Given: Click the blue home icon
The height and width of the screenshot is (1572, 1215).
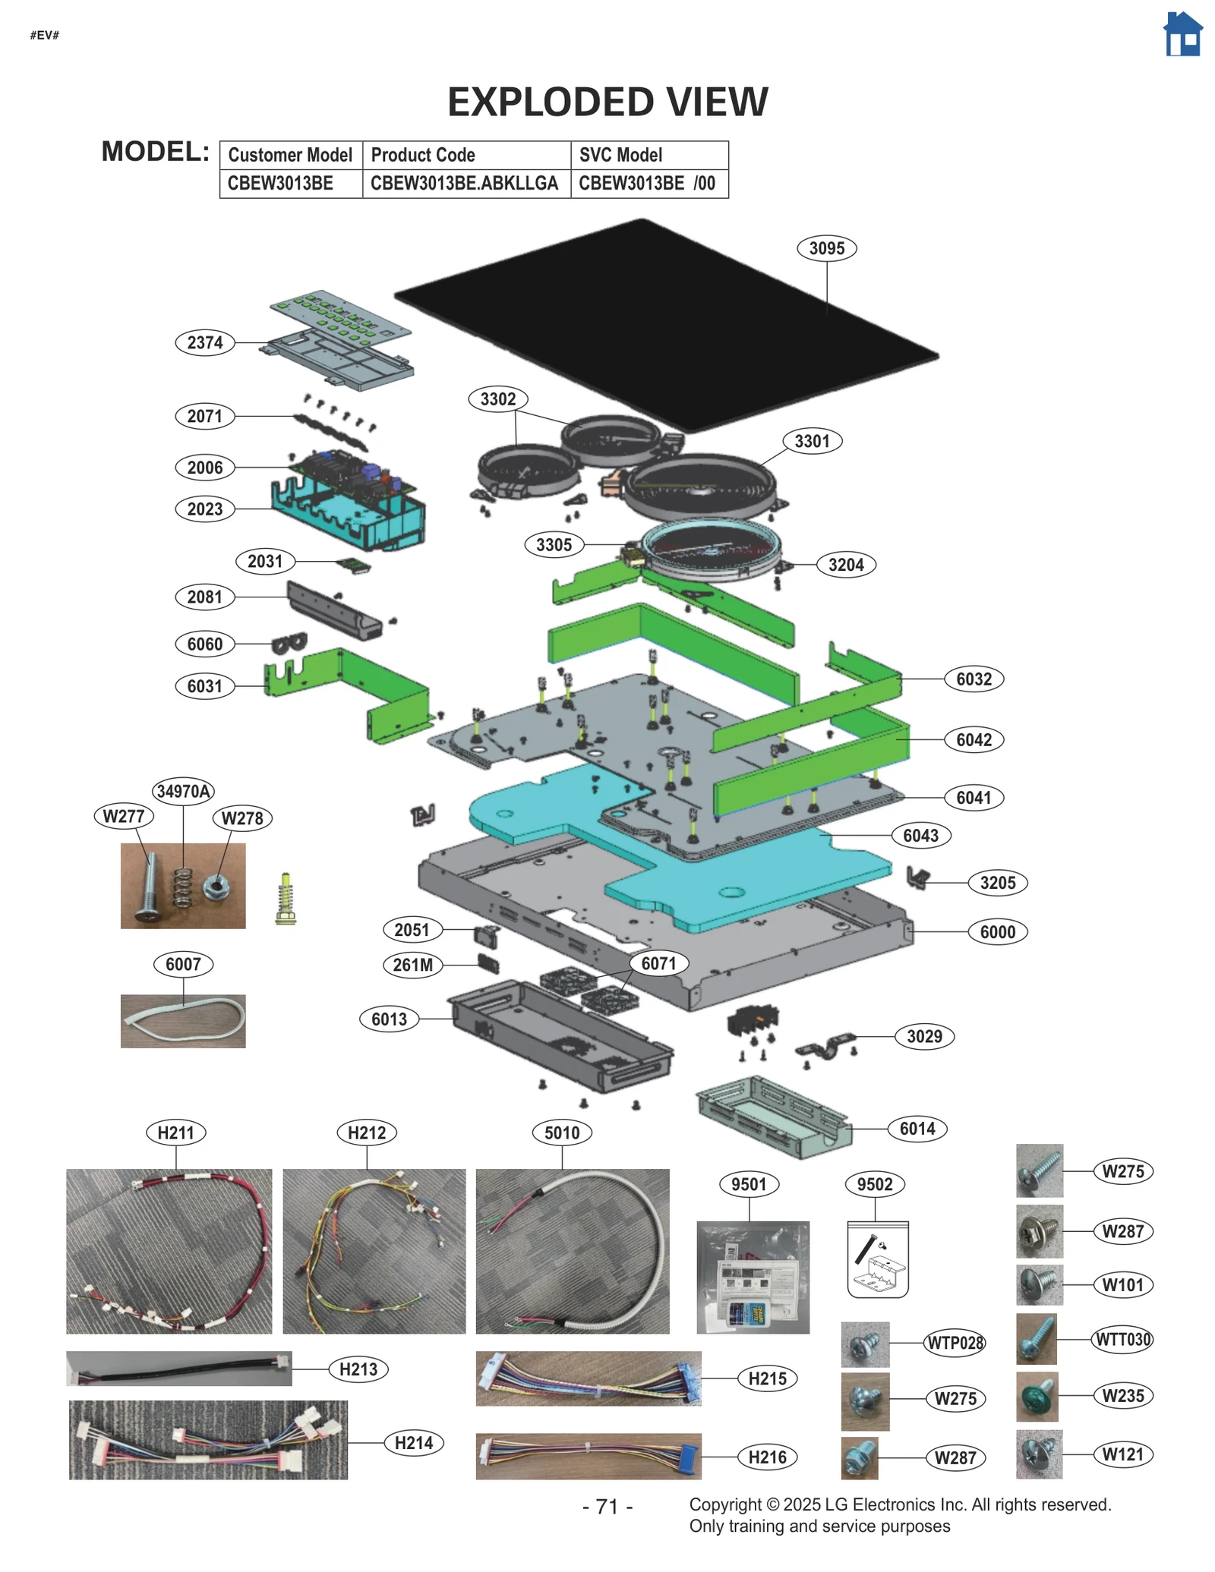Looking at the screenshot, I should pyautogui.click(x=1182, y=35).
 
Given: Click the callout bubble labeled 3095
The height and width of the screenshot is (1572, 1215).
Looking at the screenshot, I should pyautogui.click(x=826, y=248).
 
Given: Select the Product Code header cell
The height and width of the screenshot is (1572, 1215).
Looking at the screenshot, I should pyautogui.click(x=466, y=155).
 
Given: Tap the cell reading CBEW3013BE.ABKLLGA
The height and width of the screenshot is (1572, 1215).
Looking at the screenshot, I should pyautogui.click(x=466, y=184).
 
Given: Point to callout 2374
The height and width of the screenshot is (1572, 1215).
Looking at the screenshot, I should pyautogui.click(x=205, y=342).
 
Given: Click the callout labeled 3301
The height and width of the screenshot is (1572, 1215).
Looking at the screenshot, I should pyautogui.click(x=812, y=441).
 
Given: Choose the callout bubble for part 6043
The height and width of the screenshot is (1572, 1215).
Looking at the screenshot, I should pyautogui.click(x=920, y=836).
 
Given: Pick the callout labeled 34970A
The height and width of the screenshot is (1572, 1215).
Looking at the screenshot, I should pyautogui.click(x=183, y=792).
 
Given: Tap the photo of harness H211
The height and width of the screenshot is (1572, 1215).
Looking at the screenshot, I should pyautogui.click(x=169, y=1250).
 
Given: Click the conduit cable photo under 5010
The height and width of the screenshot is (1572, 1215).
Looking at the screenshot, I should pyautogui.click(x=572, y=1250).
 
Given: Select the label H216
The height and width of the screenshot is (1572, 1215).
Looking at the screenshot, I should pyautogui.click(x=767, y=1457).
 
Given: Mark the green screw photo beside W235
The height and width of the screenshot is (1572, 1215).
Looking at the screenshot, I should pyautogui.click(x=1037, y=1396).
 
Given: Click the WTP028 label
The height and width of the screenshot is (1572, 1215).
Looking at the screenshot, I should pyautogui.click(x=955, y=1343).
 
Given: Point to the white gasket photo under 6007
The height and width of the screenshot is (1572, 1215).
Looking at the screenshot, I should pyautogui.click(x=183, y=1021).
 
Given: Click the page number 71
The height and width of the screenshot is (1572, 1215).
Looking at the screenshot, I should pyautogui.click(x=607, y=1506).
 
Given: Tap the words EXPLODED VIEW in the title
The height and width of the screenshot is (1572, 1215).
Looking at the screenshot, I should pyautogui.click(x=607, y=102).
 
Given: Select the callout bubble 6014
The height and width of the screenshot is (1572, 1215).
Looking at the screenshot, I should pyautogui.click(x=917, y=1129).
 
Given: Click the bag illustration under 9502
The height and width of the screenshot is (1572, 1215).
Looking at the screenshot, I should pyautogui.click(x=877, y=1259).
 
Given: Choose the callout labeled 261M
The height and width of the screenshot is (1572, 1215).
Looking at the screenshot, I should pyautogui.click(x=412, y=965).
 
